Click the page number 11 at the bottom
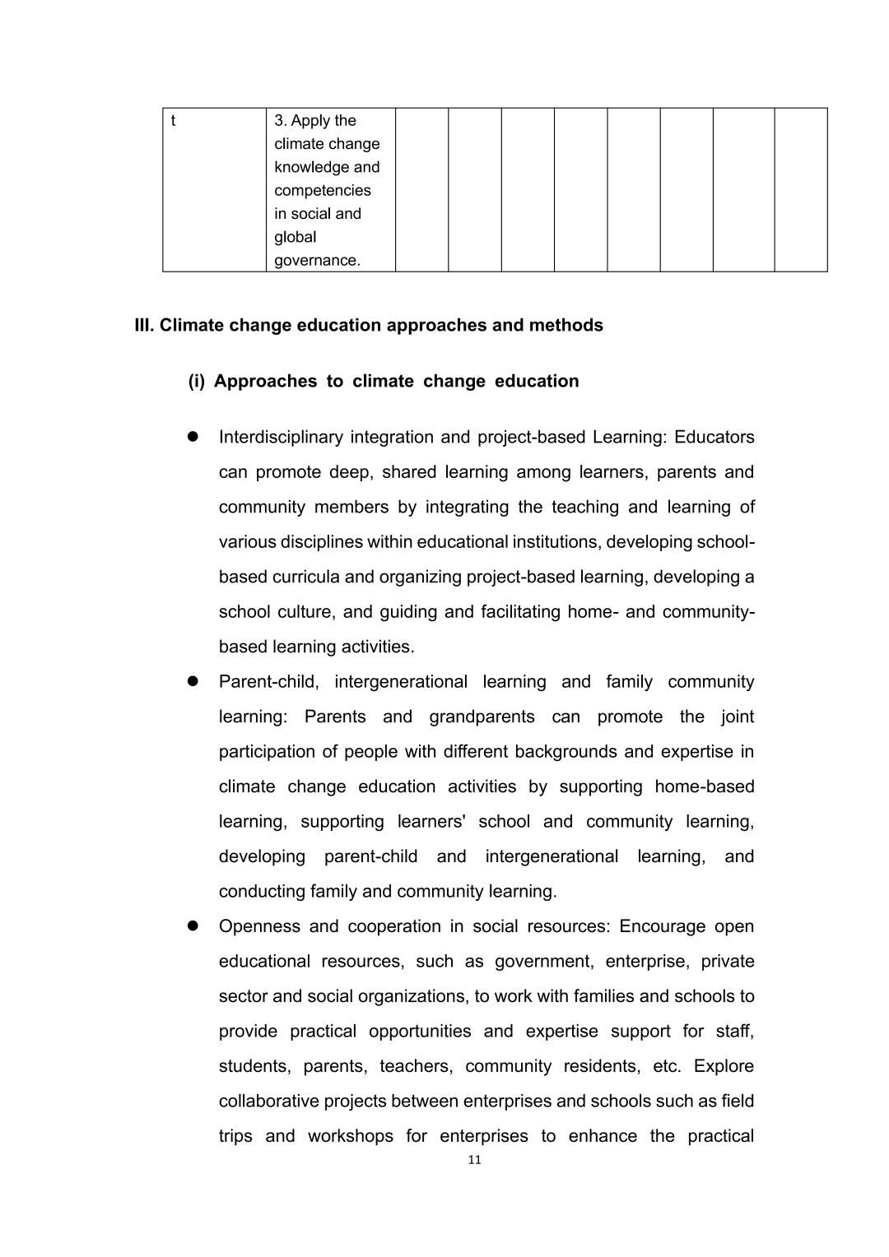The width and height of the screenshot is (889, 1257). [x=473, y=1160]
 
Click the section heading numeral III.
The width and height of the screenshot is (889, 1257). [x=144, y=325]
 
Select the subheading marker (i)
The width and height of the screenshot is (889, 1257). [x=197, y=381]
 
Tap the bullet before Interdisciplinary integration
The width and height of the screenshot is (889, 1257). [x=195, y=437]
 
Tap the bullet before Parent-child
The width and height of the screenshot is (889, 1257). [x=195, y=681]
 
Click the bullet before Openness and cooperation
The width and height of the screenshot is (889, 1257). [x=195, y=925]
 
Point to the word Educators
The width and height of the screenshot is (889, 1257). [x=714, y=437]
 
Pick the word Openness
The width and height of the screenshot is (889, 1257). [x=258, y=926]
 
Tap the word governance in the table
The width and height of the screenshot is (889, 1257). [x=316, y=261]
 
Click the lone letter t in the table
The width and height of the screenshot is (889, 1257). [x=173, y=121]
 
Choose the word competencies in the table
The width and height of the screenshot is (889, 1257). [x=322, y=191]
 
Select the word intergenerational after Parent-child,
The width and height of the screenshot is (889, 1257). [x=401, y=682]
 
